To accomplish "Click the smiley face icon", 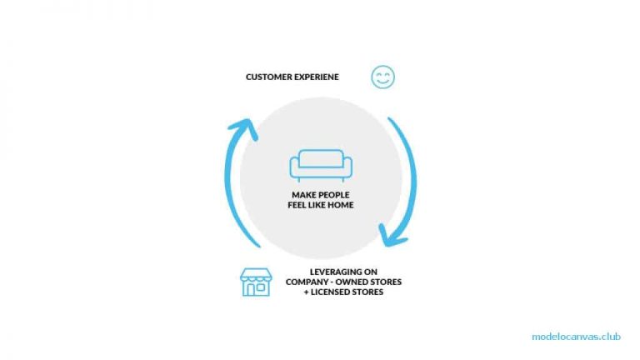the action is pos(382,77).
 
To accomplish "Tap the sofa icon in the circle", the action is pos(321,165).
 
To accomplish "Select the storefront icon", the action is pos(256,282).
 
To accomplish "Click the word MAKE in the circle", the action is pos(303,195).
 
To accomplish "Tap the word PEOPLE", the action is pos(333,195).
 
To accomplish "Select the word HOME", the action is pos(341,205).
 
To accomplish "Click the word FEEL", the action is pos(297,205).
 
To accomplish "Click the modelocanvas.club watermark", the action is pos(576,337).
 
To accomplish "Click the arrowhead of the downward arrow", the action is pos(392,236).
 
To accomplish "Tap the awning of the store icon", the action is pos(256,275).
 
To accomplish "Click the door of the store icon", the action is pos(251,289).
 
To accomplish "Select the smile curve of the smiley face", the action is pos(382,82).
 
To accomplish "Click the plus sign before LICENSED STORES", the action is pos(306,292).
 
